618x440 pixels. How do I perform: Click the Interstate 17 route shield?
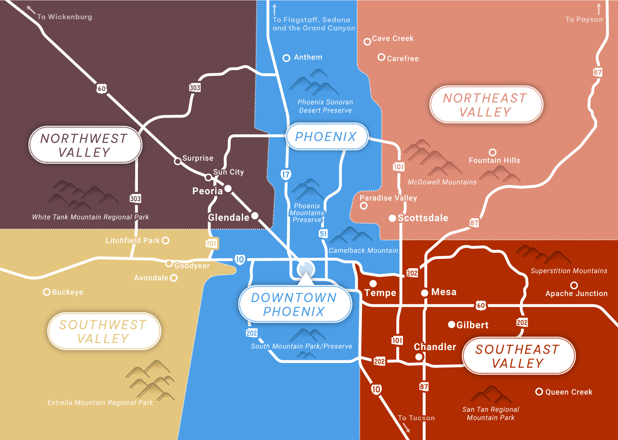[286, 174]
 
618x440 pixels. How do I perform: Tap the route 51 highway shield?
[323, 234]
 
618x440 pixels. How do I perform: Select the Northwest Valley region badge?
[85, 145]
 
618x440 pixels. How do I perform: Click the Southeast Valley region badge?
[518, 356]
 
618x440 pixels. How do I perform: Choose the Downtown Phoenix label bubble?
[295, 304]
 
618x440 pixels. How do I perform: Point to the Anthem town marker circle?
[286, 58]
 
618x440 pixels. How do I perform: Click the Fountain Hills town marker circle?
[492, 153]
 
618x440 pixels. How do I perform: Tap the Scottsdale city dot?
[392, 218]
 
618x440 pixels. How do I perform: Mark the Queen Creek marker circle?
[539, 392]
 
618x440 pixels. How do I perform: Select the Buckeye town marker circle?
[47, 292]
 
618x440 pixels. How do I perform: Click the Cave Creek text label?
[393, 38]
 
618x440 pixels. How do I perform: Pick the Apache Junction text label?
[576, 294]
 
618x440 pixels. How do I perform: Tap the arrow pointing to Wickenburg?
[31, 10]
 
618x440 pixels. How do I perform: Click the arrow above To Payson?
[599, 9]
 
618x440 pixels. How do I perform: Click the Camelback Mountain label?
[363, 250]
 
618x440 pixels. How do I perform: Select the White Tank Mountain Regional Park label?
[90, 217]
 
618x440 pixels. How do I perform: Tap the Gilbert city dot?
[452, 325]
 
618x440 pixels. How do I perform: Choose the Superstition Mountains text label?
[569, 271]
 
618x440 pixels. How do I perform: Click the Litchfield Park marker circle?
[166, 240]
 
